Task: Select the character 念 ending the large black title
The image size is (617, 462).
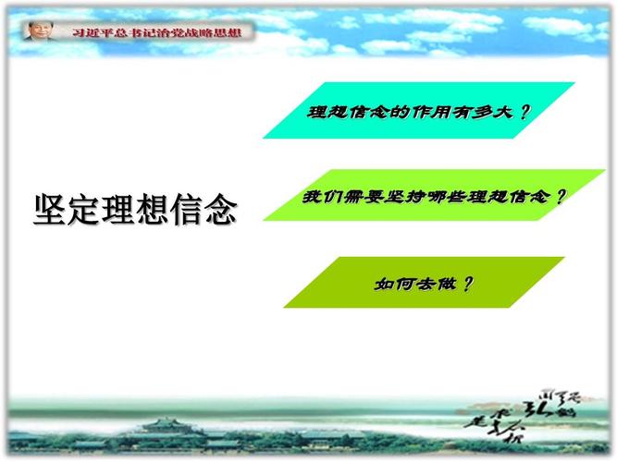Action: (x=218, y=209)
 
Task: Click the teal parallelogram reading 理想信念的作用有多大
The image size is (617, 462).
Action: (x=419, y=112)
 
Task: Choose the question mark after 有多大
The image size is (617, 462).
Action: (x=524, y=112)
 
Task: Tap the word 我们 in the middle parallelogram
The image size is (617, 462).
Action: (x=319, y=197)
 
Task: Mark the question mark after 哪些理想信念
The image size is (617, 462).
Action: (x=560, y=196)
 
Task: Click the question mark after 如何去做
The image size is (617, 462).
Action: (x=466, y=282)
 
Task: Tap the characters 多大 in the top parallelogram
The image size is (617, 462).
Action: (x=494, y=112)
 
